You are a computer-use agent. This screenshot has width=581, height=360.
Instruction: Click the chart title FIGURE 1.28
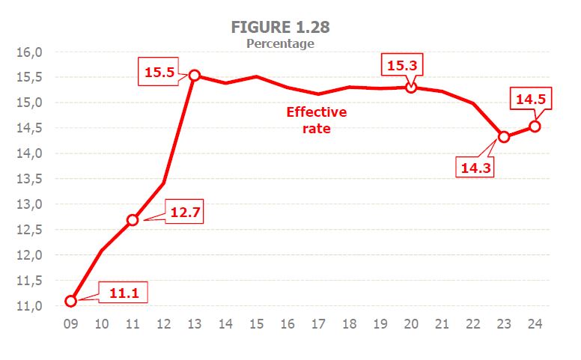[x=281, y=27]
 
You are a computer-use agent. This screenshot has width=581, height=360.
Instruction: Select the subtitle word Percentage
[x=280, y=43]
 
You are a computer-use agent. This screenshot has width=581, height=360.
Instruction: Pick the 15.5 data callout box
[x=157, y=73]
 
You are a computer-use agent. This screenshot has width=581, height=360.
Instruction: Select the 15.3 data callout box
[x=401, y=65]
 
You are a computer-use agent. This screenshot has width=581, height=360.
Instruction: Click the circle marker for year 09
[x=71, y=301]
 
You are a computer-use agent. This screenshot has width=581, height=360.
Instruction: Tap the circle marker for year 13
[x=195, y=75]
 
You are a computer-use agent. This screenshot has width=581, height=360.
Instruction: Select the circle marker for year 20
[x=410, y=88]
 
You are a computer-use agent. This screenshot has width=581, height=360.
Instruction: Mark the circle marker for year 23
[x=504, y=136]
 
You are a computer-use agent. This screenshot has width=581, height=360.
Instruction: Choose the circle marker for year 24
[x=535, y=126]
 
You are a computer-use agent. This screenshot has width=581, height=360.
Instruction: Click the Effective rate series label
[x=317, y=120]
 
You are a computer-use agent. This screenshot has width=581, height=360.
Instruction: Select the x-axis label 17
[x=318, y=324]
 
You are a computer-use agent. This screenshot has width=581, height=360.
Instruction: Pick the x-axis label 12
[x=163, y=324]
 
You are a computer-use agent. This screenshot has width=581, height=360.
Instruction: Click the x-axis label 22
[x=472, y=324]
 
